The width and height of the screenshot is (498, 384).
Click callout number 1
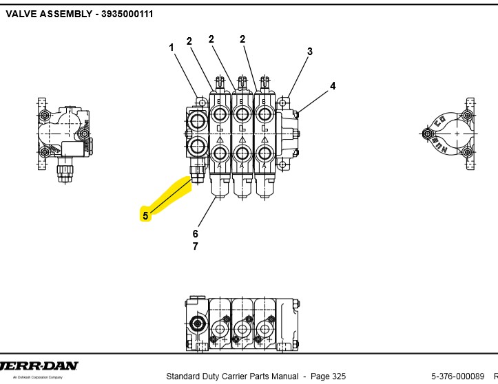coord(172,47)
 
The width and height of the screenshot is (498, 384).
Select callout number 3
coord(310,51)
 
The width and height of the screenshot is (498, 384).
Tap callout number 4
coord(333,86)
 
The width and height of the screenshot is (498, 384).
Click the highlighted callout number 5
coord(145,215)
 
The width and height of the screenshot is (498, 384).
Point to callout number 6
coord(196,234)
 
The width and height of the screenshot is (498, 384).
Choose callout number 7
coord(196,246)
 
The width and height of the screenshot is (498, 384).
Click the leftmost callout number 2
coord(189,41)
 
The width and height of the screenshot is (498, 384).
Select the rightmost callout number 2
coord(242,39)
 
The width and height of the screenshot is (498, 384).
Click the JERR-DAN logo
coord(39,366)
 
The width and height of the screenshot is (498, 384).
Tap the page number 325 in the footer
coord(338,376)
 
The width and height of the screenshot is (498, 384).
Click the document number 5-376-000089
coord(457,376)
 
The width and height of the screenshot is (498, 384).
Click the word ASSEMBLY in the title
coord(65,14)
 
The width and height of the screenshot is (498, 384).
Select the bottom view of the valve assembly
coord(241,323)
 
